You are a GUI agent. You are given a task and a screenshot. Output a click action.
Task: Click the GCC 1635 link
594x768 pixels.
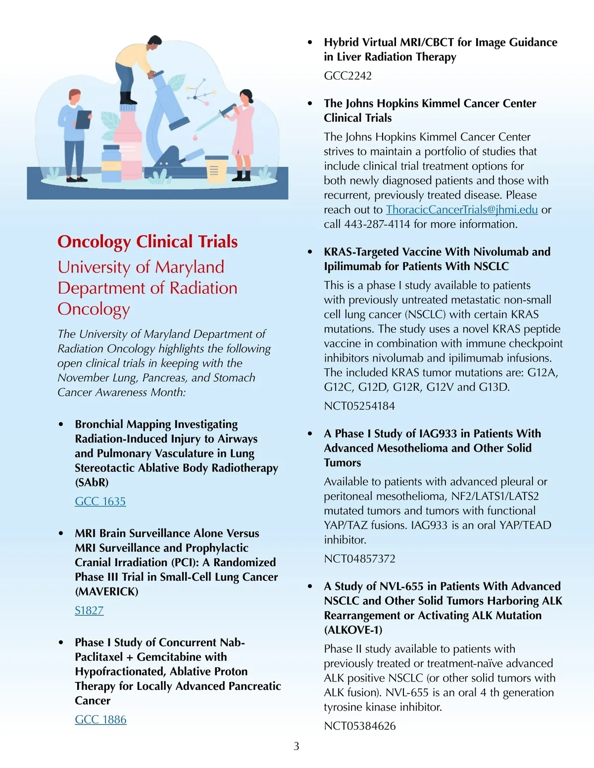click(x=100, y=501)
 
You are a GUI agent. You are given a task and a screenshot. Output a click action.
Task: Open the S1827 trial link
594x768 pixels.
click(x=89, y=611)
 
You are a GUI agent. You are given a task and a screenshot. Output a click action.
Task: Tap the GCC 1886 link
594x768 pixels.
click(x=100, y=720)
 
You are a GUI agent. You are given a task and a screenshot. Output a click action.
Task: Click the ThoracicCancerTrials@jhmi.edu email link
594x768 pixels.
click(x=461, y=210)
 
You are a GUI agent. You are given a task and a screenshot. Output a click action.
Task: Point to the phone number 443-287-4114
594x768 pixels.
click(x=377, y=225)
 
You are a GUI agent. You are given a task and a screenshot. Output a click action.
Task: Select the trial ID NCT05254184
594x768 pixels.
click(x=359, y=406)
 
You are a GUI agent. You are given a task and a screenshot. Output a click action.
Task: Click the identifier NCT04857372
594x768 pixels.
click(x=359, y=559)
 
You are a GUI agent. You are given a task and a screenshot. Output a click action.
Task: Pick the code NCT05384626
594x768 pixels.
click(x=360, y=726)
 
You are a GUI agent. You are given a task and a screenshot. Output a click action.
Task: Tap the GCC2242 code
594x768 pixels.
click(x=347, y=76)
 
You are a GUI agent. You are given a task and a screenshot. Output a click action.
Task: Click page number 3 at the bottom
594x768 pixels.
click(x=297, y=746)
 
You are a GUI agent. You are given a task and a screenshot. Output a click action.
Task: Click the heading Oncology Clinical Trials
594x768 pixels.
click(x=148, y=242)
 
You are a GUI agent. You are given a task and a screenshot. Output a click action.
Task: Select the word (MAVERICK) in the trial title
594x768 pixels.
click(x=106, y=591)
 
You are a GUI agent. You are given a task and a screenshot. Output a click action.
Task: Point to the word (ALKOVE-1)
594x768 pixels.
click(x=353, y=630)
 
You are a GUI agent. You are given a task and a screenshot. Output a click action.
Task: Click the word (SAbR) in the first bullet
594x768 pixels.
click(x=92, y=482)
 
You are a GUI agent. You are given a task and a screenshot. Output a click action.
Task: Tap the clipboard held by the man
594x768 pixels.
click(x=83, y=119)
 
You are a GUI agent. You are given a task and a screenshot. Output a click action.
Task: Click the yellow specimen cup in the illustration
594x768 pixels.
click(x=215, y=169)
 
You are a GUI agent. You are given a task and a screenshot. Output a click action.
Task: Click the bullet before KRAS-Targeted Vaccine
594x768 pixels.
click(x=310, y=252)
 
